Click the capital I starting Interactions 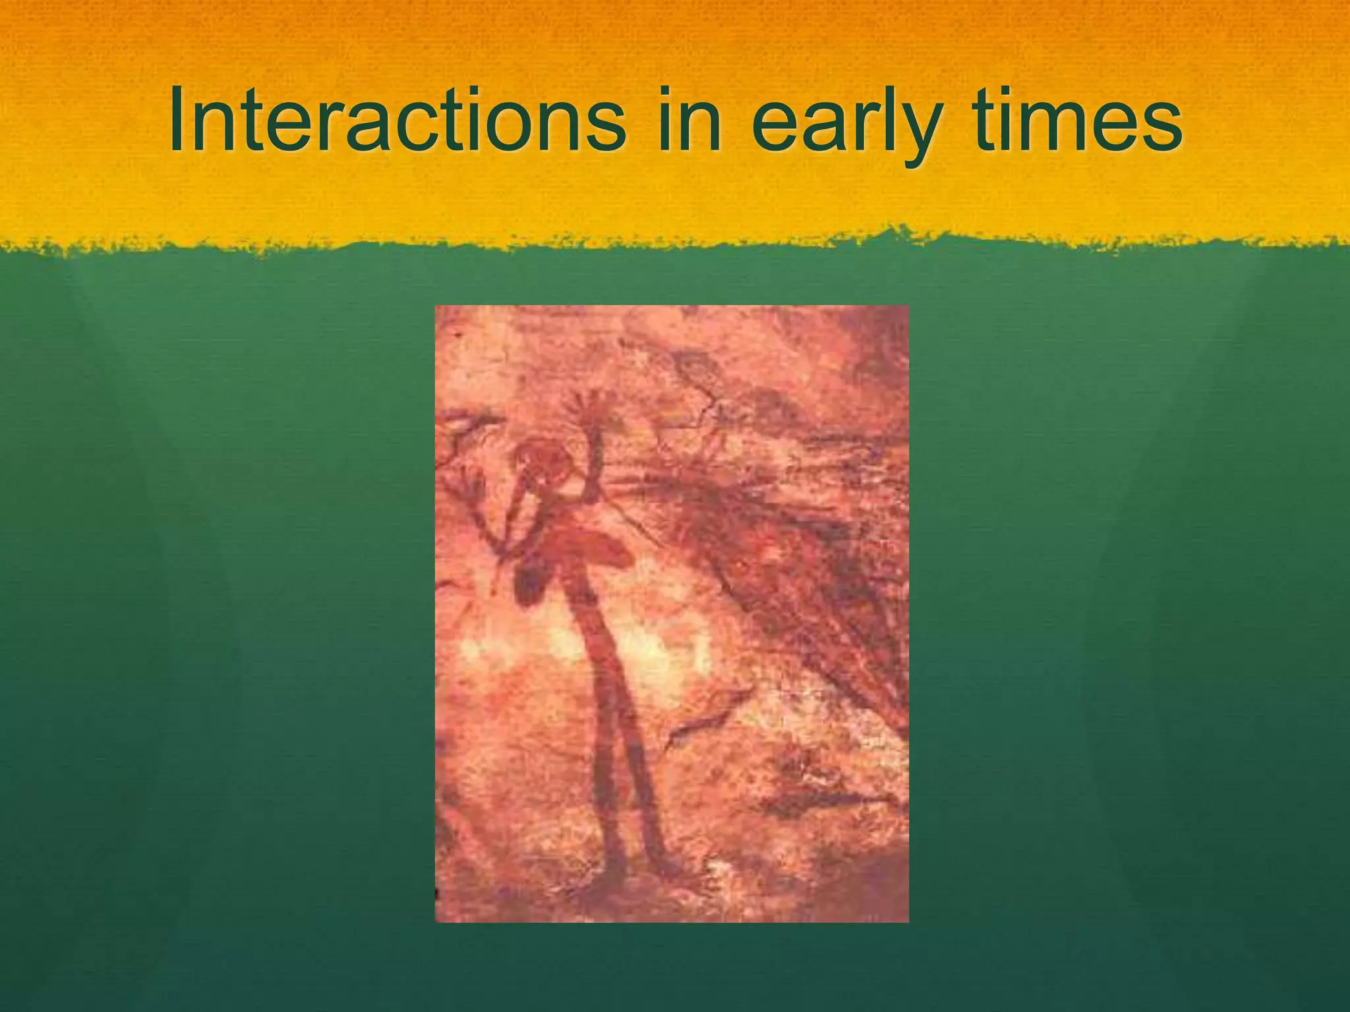(178, 122)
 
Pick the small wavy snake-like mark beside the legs (705, 718)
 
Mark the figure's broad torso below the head (580, 547)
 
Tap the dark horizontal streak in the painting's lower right (824, 801)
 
